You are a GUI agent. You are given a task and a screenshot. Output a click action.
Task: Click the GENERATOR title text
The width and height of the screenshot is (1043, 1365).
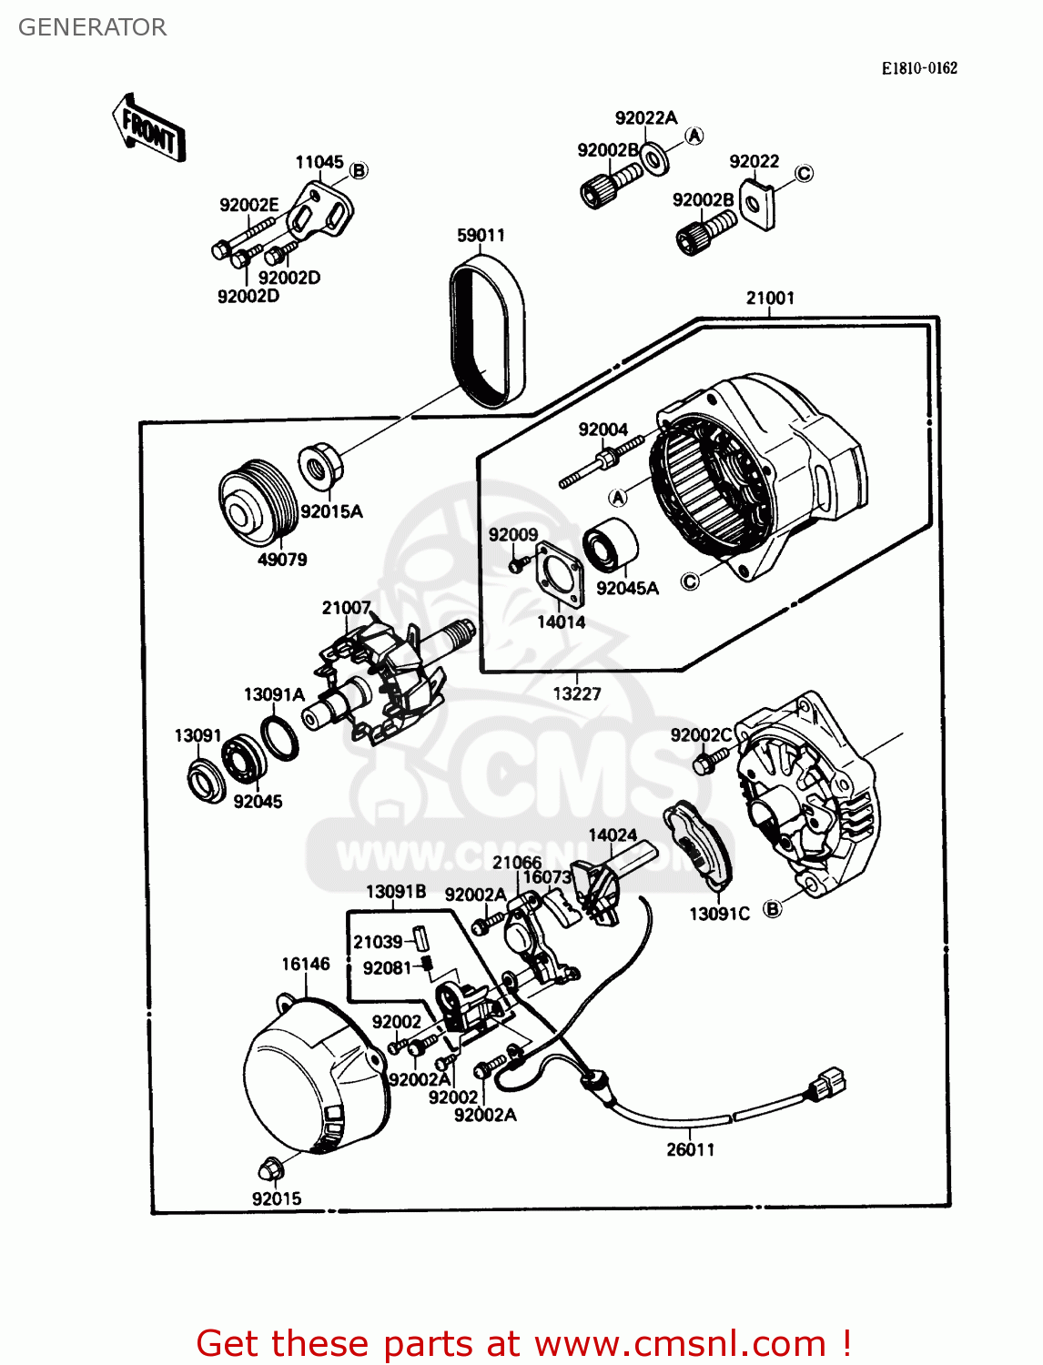coord(92,27)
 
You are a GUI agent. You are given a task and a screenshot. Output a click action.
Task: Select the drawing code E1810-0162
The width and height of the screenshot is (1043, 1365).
coord(918,68)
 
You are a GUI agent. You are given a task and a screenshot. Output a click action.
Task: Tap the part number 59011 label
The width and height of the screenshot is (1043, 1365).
coord(481,235)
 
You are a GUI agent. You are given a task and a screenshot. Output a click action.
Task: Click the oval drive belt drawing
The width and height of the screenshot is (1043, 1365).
coord(488,329)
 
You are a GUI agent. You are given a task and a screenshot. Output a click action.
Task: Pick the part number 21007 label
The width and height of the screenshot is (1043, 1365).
coord(346,607)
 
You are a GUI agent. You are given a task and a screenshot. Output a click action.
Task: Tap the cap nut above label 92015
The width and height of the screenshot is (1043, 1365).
coord(271,1168)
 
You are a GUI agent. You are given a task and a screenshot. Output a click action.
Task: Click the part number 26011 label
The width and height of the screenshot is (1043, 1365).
coord(691,1149)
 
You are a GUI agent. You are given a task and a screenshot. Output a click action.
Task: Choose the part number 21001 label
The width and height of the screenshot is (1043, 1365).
coord(770,298)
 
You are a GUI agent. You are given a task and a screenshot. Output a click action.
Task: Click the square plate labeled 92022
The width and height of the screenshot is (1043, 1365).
coord(756,205)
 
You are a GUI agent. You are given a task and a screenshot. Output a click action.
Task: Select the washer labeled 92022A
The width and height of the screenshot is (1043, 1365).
coord(654,157)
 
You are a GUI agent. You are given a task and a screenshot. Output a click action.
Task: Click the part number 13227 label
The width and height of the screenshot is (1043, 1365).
coord(577,693)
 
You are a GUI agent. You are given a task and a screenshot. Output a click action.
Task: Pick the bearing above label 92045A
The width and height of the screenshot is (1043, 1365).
coord(610,546)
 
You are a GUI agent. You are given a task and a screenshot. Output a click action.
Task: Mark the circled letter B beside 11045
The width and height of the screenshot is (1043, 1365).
coord(359,170)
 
